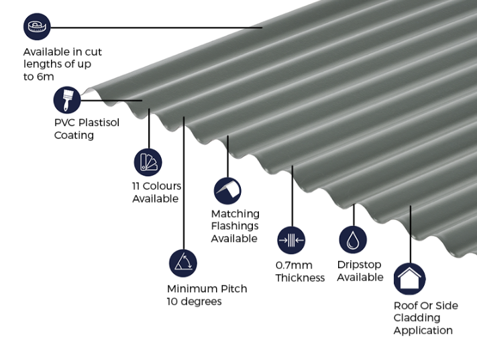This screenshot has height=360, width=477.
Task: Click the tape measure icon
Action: click(x=37, y=26)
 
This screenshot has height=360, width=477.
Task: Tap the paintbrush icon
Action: click(x=67, y=100)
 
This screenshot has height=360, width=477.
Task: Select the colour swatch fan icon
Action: click(x=148, y=162)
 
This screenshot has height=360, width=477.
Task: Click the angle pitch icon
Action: click(x=183, y=263)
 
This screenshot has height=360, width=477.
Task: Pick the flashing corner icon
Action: click(x=227, y=191)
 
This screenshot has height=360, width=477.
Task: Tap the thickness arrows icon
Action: click(x=291, y=240)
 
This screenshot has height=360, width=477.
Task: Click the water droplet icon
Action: click(x=353, y=239)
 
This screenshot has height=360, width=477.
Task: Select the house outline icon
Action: click(x=409, y=279)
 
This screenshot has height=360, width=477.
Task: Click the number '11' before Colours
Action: click(x=136, y=186)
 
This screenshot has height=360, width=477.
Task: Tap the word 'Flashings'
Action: click(x=235, y=226)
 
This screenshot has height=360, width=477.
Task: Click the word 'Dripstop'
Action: click(x=360, y=265)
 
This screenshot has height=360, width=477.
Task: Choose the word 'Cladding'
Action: click(x=417, y=318)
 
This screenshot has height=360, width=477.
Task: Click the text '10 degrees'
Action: click(x=195, y=301)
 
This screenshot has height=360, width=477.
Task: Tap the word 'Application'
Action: click(x=423, y=331)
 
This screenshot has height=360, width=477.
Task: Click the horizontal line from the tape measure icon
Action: click(x=156, y=27)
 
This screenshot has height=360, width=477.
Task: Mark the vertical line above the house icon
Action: click(x=411, y=235)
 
